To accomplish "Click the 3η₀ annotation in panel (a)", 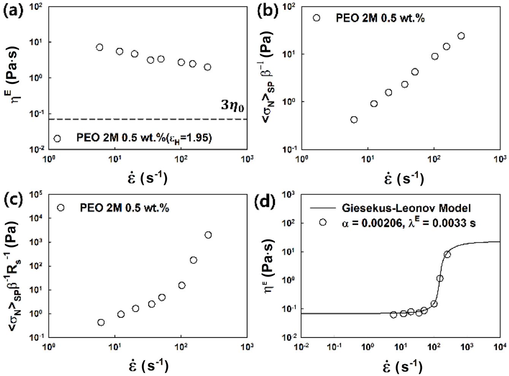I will (232, 106).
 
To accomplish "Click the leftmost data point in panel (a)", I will (100, 47).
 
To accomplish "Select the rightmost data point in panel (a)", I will (207, 67).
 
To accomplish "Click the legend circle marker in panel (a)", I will (57, 138).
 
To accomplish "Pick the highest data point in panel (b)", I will (461, 36).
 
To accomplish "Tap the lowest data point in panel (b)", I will (354, 120).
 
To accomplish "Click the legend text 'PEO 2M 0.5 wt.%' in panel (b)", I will (380, 18).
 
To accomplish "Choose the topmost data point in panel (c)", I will (208, 235).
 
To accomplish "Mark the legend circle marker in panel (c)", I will (60, 208).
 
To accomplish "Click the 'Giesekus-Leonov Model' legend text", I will (406, 208).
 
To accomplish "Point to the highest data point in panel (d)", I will (447, 254).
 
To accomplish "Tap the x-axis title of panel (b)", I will (403, 178).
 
